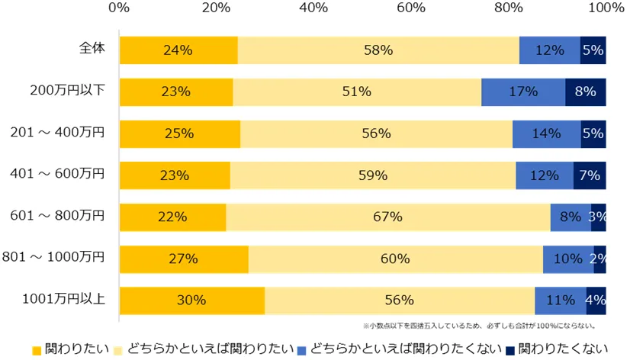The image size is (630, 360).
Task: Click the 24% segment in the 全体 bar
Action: [x=178, y=50]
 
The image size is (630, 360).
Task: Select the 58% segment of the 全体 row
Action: [x=378, y=50]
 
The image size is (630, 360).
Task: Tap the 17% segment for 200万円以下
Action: [x=523, y=92]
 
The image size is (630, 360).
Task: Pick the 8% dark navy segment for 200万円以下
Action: [x=585, y=92]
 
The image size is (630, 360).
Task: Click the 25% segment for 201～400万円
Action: [x=179, y=133]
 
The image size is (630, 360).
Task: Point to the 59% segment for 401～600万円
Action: [x=373, y=175]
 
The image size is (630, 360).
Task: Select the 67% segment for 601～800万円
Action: [x=388, y=217]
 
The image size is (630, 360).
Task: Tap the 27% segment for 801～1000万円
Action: [x=183, y=259]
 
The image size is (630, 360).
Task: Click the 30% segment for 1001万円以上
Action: [x=191, y=300]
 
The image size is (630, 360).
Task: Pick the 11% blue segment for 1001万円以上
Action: [x=561, y=300]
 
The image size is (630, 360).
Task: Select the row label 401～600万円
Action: [x=58, y=175]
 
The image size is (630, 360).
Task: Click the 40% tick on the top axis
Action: [x=313, y=8]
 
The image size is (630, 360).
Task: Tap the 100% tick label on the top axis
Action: [x=607, y=8]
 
